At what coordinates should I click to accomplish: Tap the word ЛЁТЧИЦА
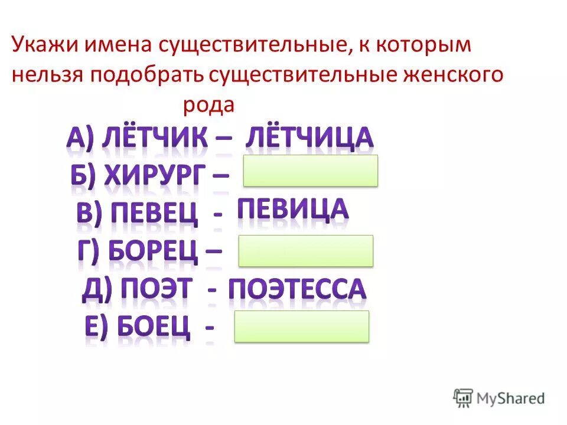[309, 138]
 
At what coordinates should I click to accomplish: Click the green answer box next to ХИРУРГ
[310, 171]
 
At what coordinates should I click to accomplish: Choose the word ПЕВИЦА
[292, 210]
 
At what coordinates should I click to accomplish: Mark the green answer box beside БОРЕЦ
[305, 250]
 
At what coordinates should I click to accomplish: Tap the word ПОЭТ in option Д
[157, 290]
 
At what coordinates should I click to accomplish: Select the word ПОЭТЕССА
[297, 290]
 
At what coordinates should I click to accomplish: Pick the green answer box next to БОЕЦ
[302, 326]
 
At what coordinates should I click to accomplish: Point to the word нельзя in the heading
[47, 76]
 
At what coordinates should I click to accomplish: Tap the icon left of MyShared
[462, 397]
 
